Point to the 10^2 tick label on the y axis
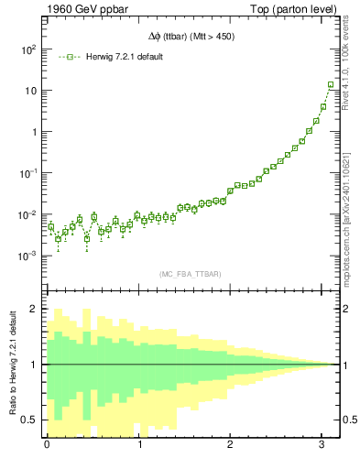29,49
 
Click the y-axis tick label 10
30,91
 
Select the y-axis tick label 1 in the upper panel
33,132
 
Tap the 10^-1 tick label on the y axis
27,173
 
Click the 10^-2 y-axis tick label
27,214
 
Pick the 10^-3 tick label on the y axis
27,256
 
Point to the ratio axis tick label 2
35,309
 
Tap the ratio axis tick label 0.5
30,420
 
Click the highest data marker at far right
331,85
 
